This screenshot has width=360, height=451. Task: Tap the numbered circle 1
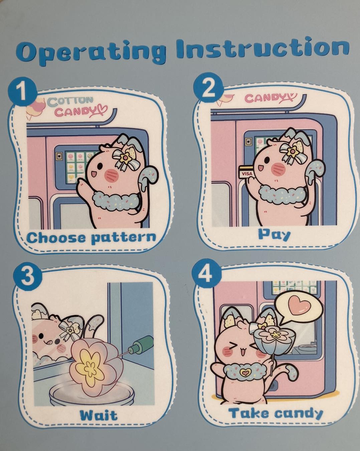click(22, 91)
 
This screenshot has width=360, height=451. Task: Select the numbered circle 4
click(207, 274)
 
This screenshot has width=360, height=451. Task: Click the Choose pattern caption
click(92, 238)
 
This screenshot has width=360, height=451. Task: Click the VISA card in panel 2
click(246, 172)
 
